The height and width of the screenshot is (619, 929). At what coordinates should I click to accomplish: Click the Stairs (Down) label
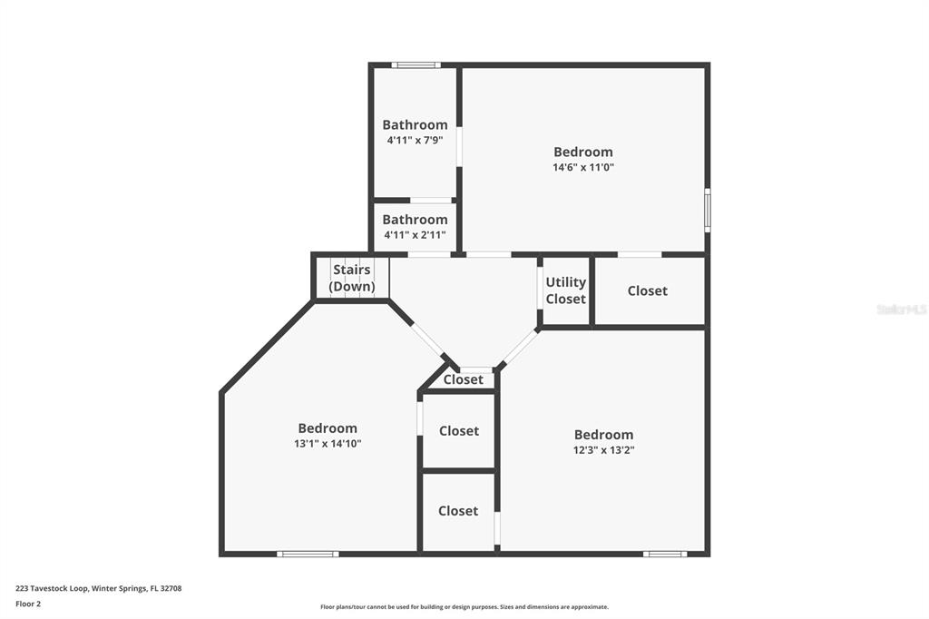(352, 278)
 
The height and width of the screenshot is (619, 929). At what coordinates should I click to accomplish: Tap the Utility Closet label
(565, 290)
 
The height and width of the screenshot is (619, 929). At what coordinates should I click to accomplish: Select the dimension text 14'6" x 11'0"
(583, 168)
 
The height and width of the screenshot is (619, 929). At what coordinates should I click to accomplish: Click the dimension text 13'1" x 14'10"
(328, 444)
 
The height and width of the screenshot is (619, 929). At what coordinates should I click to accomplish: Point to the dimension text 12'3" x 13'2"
(603, 450)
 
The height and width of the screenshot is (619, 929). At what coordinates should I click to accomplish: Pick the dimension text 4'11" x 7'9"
(415, 141)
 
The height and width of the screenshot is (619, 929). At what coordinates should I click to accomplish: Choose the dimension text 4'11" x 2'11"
(415, 235)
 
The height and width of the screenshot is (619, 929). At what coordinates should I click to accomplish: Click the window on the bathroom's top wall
(416, 65)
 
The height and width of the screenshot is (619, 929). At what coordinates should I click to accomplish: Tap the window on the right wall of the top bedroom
(707, 210)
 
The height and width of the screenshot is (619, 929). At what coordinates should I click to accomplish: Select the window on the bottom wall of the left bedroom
(308, 553)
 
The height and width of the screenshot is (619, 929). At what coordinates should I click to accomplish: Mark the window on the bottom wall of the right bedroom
(665, 553)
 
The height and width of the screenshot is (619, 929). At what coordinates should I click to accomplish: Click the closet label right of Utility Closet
(647, 290)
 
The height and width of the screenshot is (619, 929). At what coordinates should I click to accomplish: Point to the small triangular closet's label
(463, 379)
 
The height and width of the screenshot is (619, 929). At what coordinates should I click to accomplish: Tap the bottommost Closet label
(458, 511)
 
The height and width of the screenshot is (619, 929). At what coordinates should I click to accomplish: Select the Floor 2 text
(28, 604)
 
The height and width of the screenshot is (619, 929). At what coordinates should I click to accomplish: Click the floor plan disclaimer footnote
(464, 607)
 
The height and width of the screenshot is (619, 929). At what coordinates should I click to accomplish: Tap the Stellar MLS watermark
(901, 309)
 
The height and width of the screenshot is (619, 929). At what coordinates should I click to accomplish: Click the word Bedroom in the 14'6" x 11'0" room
(583, 152)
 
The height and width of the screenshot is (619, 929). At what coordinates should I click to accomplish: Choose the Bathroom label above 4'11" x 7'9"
(415, 124)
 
